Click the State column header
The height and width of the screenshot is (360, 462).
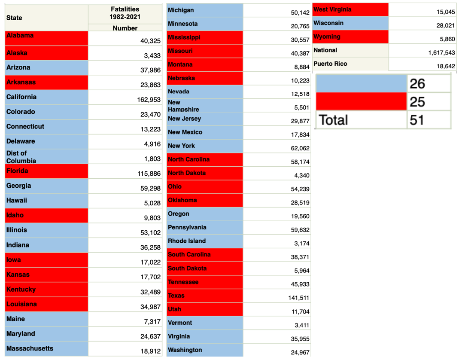point(14,18)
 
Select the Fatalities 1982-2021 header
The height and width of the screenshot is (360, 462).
point(125,13)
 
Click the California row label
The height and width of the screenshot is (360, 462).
point(21,97)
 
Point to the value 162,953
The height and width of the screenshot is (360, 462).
point(149,100)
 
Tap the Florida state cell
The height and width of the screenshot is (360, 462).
point(17,171)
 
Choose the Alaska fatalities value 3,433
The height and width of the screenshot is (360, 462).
point(152,55)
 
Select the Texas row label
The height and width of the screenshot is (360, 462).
point(176,296)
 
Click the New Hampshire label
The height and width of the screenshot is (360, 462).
point(183,106)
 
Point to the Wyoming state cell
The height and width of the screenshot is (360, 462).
point(327,37)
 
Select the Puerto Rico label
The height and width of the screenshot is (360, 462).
point(330,64)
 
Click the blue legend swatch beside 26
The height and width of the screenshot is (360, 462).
point(362,83)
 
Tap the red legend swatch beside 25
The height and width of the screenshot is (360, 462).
point(362,102)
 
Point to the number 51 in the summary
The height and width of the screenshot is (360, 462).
point(417,120)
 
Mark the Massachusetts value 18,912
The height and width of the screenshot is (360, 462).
point(150,351)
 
